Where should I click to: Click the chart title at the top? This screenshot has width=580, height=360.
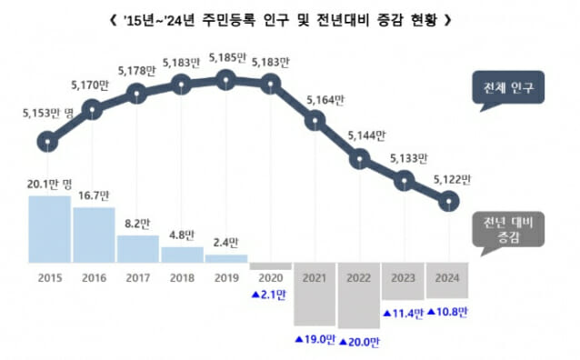tap(289, 18)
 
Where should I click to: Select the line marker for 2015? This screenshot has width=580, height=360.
tap(48, 142)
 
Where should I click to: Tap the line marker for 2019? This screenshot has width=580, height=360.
tap(226, 80)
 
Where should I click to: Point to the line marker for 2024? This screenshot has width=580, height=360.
tap(447, 201)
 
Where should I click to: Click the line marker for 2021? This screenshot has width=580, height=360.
tap(315, 119)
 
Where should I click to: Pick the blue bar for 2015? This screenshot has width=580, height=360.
tap(48, 229)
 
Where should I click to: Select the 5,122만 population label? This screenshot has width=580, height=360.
tap(448, 178)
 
